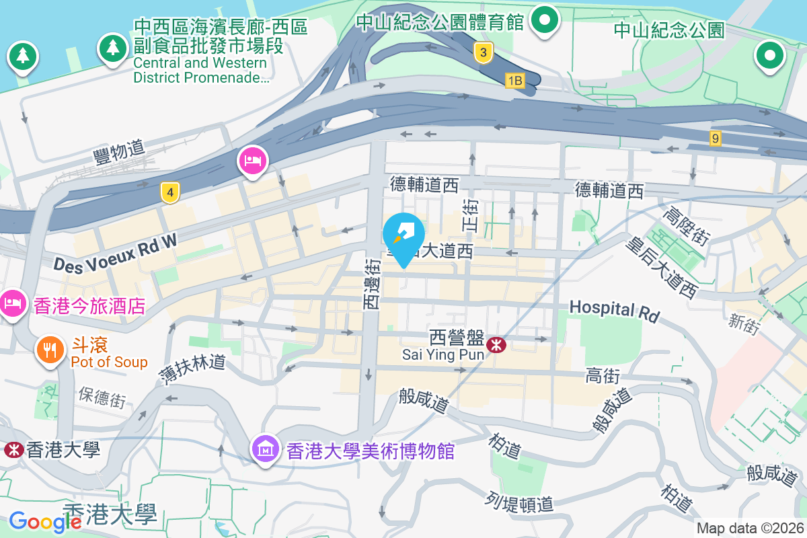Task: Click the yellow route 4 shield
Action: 171,193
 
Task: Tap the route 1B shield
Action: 514,81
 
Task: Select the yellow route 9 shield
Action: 716,139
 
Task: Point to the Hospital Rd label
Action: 615,310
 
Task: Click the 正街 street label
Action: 470,215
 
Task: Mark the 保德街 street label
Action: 102,397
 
